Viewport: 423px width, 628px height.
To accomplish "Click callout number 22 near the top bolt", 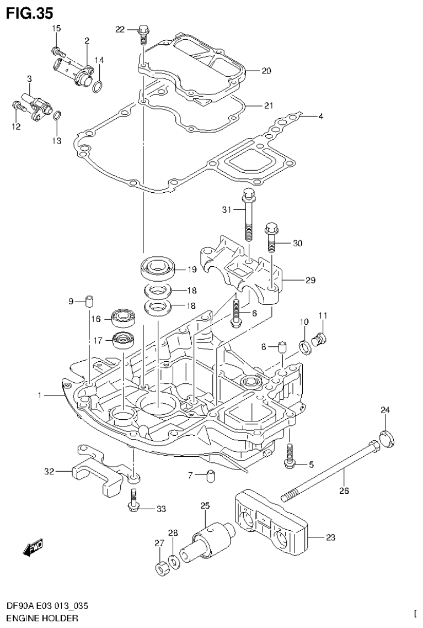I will coord(120,29).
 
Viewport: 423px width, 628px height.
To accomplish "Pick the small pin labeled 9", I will coord(90,301).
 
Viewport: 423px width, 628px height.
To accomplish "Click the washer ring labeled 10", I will coord(303,347).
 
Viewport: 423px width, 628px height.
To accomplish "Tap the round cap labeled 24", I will coord(385,439).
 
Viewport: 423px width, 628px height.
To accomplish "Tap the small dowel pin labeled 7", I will coord(210,475).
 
